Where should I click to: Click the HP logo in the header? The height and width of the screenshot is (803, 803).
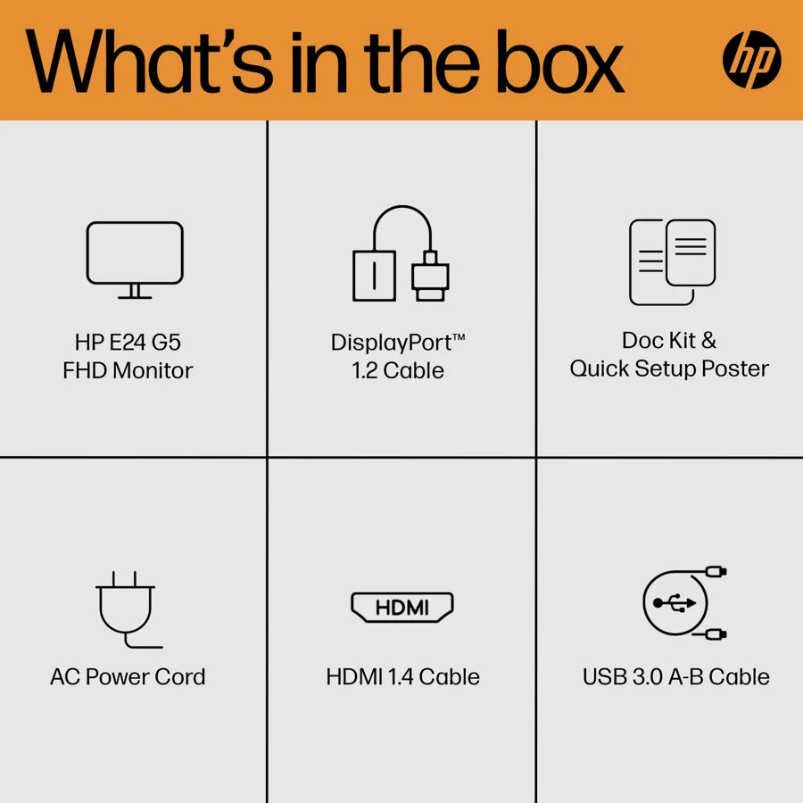coord(751,60)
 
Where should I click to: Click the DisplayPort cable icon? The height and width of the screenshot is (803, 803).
coord(401,253)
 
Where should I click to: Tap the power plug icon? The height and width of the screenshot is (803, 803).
coord(127,609)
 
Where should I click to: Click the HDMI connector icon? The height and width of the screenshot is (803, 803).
coord(402,608)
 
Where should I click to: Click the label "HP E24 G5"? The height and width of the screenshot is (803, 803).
coord(128,342)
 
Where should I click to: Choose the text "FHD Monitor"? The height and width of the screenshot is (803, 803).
coord(128,370)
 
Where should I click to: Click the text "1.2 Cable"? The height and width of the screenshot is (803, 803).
coord(398,370)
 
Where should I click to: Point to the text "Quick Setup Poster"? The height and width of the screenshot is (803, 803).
coord(669,368)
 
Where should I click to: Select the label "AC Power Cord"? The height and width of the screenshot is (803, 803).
coord(128,676)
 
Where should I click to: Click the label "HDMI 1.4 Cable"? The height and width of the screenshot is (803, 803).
coord(403,676)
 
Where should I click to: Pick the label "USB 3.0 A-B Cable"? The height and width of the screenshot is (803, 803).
coord(676,676)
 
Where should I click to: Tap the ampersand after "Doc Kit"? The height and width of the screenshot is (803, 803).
coord(708,341)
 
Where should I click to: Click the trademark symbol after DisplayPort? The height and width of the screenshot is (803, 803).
coord(459,337)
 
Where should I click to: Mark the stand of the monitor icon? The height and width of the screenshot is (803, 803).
coord(135,292)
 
